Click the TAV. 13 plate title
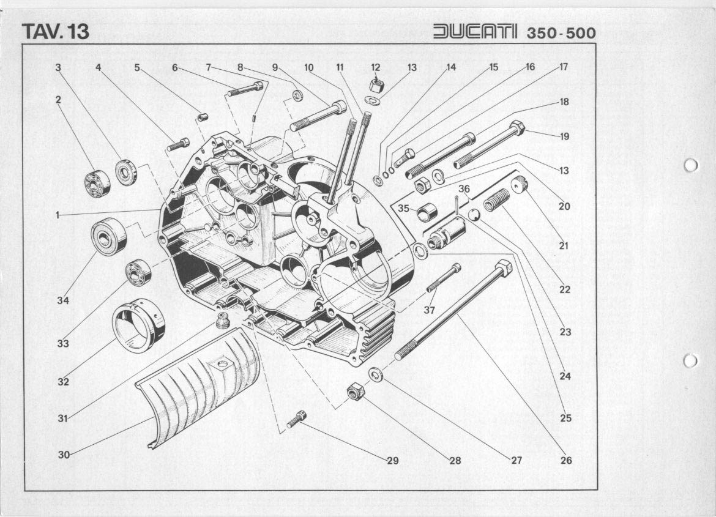(55, 32)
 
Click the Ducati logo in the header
(475, 32)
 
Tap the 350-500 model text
(561, 33)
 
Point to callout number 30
(64, 454)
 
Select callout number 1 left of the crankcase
(58, 215)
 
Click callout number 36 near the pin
(464, 189)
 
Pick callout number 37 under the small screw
(430, 310)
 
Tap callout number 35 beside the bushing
(403, 209)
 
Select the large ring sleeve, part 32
(138, 325)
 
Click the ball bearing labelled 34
(109, 236)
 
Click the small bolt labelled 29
(297, 419)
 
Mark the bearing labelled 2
(97, 184)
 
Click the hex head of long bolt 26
(503, 268)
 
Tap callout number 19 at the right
(564, 136)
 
